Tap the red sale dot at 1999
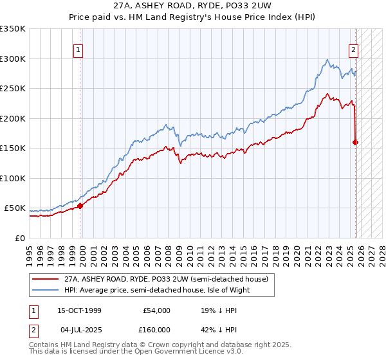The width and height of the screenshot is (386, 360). click(80, 206)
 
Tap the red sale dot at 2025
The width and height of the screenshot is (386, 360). click(356, 143)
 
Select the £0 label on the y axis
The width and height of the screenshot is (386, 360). click(21, 238)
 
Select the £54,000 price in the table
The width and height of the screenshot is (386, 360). click(156, 310)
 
